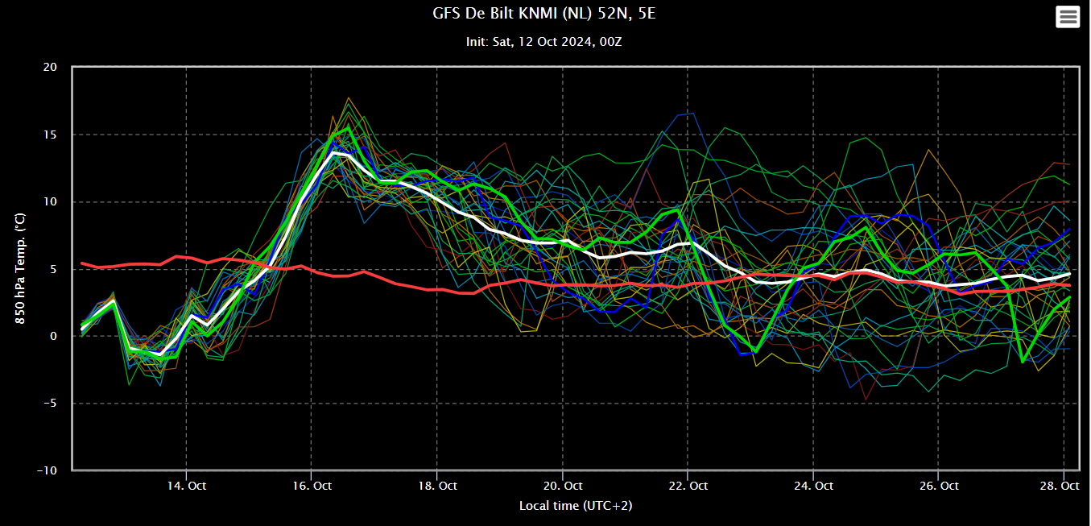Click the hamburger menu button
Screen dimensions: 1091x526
point(1068,17)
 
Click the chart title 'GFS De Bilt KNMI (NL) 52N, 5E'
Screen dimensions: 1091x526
point(544,13)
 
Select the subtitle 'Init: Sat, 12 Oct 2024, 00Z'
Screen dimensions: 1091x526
point(544,42)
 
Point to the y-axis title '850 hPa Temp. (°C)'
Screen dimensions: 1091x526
point(20,268)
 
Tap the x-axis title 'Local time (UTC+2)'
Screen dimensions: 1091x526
point(576,506)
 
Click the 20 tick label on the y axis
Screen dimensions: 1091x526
point(50,68)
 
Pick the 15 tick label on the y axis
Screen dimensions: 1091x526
point(50,135)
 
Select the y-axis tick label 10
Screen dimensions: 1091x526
point(50,202)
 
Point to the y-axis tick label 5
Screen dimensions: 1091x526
point(54,269)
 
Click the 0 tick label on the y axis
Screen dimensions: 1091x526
point(54,337)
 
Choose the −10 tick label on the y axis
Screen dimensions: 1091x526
point(48,471)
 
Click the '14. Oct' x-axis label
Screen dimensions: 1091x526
point(187,486)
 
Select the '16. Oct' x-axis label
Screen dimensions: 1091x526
point(312,486)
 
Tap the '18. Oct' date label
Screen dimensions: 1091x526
point(437,486)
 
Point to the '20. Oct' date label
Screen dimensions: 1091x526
point(563,486)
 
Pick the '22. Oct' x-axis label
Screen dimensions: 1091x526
point(688,486)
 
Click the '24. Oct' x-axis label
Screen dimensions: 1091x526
point(813,486)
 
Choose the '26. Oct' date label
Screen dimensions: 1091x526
point(939,486)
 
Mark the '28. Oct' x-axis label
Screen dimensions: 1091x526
point(1060,486)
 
